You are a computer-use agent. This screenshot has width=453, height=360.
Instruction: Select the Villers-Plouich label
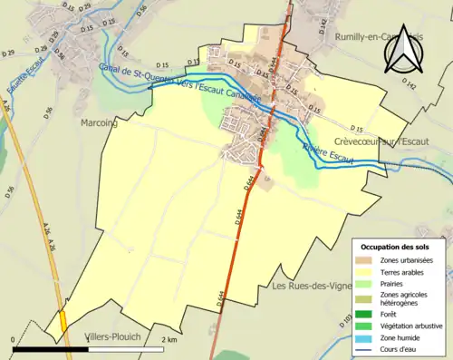pyautogui.click(x=113, y=336)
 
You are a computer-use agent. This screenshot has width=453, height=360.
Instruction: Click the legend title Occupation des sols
pyautogui.click(x=395, y=247)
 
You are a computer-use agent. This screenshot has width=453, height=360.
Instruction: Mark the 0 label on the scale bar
pyautogui.click(x=14, y=339)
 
